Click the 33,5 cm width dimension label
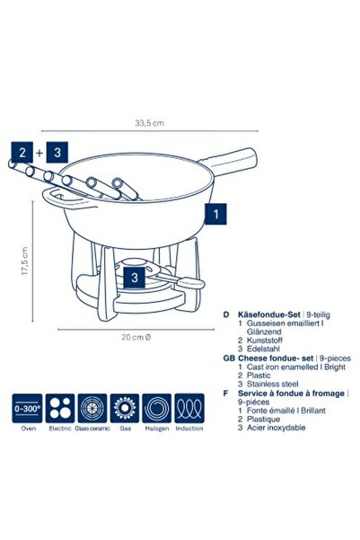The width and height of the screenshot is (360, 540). point(149,122)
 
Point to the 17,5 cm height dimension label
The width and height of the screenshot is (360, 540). point(24,261)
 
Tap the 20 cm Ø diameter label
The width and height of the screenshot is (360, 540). point(136,337)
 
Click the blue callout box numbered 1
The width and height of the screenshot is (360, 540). point(215,214)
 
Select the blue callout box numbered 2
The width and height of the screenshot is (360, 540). point(22,152)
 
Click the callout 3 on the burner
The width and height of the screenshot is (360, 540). point(135,277)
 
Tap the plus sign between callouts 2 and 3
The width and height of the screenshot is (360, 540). point(40,153)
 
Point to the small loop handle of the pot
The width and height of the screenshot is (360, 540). point(66,199)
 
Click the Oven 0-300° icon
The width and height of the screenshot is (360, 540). point(27,409)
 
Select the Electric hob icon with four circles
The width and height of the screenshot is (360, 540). point(60,409)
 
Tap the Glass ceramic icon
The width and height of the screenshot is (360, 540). point(92,409)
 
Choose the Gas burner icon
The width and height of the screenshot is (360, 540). point(125,409)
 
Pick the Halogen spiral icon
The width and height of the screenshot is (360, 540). point(156,409)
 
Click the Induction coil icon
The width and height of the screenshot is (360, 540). point(189,409)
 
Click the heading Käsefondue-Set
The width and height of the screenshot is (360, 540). point(269,314)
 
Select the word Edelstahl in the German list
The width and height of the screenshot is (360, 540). point(263,349)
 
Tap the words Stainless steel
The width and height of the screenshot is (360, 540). point(273,384)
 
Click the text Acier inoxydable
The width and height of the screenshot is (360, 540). point(276,428)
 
